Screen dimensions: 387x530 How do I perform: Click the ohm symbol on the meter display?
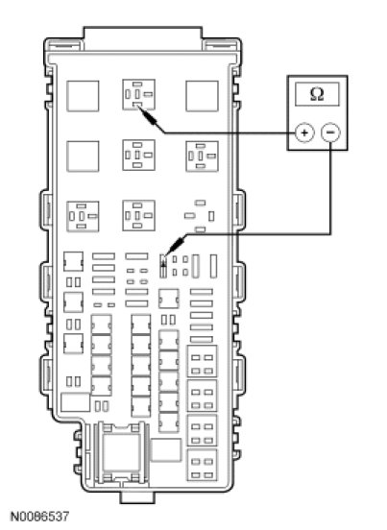tap(317, 94)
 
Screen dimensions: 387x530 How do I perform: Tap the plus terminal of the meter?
tap(304, 132)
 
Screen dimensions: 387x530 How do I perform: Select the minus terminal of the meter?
tap(330, 132)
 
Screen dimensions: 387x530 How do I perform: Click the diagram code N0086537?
tap(39, 517)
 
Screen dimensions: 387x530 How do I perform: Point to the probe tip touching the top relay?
tap(138, 108)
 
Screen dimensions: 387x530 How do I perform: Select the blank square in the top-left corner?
tap(83, 96)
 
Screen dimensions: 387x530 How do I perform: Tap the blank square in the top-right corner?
tap(202, 96)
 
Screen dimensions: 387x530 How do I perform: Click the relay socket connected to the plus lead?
tap(138, 95)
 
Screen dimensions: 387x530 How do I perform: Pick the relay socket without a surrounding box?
tap(200, 216)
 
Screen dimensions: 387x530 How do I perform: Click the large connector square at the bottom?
tap(122, 452)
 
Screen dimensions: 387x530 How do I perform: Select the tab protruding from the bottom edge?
tap(137, 497)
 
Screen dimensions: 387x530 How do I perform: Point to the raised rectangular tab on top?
tap(143, 38)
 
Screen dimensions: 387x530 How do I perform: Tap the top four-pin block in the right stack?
tap(202, 361)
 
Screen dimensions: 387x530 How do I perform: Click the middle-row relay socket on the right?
tap(202, 157)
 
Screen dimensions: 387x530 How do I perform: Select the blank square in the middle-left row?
tap(83, 157)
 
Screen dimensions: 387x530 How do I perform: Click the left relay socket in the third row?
tap(83, 216)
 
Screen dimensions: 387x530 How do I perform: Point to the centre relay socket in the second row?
tap(138, 156)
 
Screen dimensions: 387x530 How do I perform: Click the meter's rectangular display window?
tap(317, 94)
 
